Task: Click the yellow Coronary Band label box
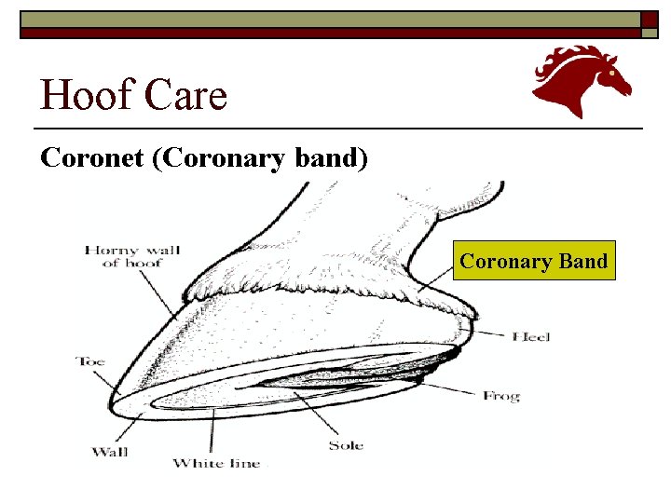[x=533, y=261]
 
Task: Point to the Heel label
[x=530, y=335]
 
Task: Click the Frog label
[x=500, y=396]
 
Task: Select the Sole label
[x=346, y=445]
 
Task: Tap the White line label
[x=217, y=463]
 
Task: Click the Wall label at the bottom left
[x=110, y=453]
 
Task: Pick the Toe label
[x=90, y=360]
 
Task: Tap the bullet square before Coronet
[x=27, y=157]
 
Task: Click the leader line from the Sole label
[x=318, y=415]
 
